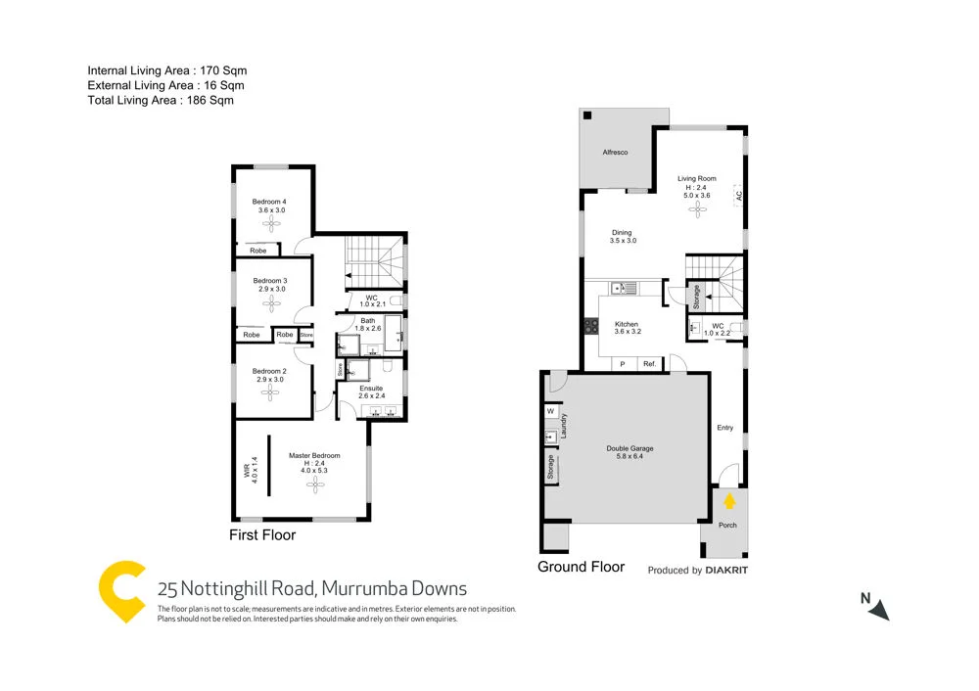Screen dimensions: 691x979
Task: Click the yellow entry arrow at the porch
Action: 729,501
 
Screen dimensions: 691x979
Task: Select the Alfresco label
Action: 614,155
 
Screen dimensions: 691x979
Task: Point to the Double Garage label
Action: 628,448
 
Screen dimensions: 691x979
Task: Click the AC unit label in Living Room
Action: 739,195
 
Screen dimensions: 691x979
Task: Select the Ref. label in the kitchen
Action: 648,364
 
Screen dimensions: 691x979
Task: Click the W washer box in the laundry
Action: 550,411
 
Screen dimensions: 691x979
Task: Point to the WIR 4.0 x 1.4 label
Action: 254,471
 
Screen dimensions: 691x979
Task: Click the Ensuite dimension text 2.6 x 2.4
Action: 370,396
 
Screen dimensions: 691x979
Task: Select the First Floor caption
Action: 262,535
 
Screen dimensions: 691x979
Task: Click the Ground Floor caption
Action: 581,567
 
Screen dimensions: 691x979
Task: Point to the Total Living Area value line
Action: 161,100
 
